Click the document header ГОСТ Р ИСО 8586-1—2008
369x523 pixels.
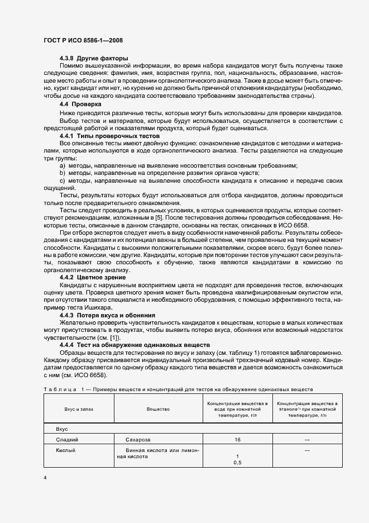pos(83,40)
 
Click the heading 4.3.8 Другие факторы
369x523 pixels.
pos(94,59)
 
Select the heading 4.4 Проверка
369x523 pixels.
pos(80,104)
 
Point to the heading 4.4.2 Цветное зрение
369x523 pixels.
pos(93,277)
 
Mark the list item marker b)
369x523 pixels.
pos(63,174)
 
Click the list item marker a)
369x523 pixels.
pos(63,166)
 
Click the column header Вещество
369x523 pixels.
pos(158,409)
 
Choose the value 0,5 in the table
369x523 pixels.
pos(237,463)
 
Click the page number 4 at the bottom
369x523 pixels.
pos(45,478)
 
